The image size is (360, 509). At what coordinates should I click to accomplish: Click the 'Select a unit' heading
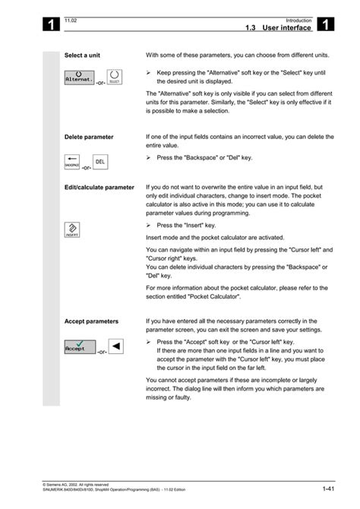83,55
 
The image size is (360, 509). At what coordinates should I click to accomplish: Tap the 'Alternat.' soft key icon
79,77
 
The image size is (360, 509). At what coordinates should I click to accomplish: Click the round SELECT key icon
114,77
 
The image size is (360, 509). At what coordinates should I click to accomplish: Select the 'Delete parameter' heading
89,138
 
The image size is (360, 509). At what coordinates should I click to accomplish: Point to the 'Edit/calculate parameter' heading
99,187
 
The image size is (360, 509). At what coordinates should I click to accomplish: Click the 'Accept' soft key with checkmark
80,346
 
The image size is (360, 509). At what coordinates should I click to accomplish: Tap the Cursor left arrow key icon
115,346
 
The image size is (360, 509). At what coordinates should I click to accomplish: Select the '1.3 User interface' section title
278,27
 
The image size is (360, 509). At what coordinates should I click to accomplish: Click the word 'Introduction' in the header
298,20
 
